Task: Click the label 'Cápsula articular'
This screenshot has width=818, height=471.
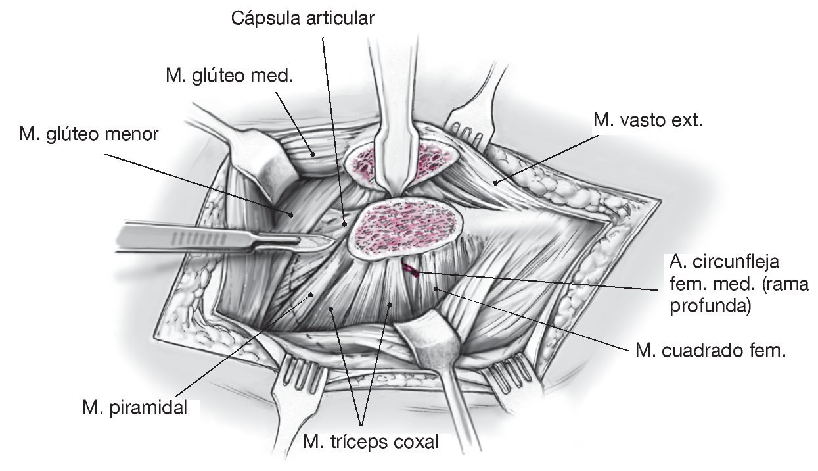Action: tap(302, 18)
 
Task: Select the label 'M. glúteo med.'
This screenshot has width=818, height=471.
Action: tap(229, 76)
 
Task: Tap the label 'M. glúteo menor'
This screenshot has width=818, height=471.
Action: tap(89, 135)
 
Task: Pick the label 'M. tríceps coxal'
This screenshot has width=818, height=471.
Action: tap(371, 441)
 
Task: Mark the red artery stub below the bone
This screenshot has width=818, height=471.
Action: tap(411, 269)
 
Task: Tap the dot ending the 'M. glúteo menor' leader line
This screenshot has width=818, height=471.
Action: tap(290, 213)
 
